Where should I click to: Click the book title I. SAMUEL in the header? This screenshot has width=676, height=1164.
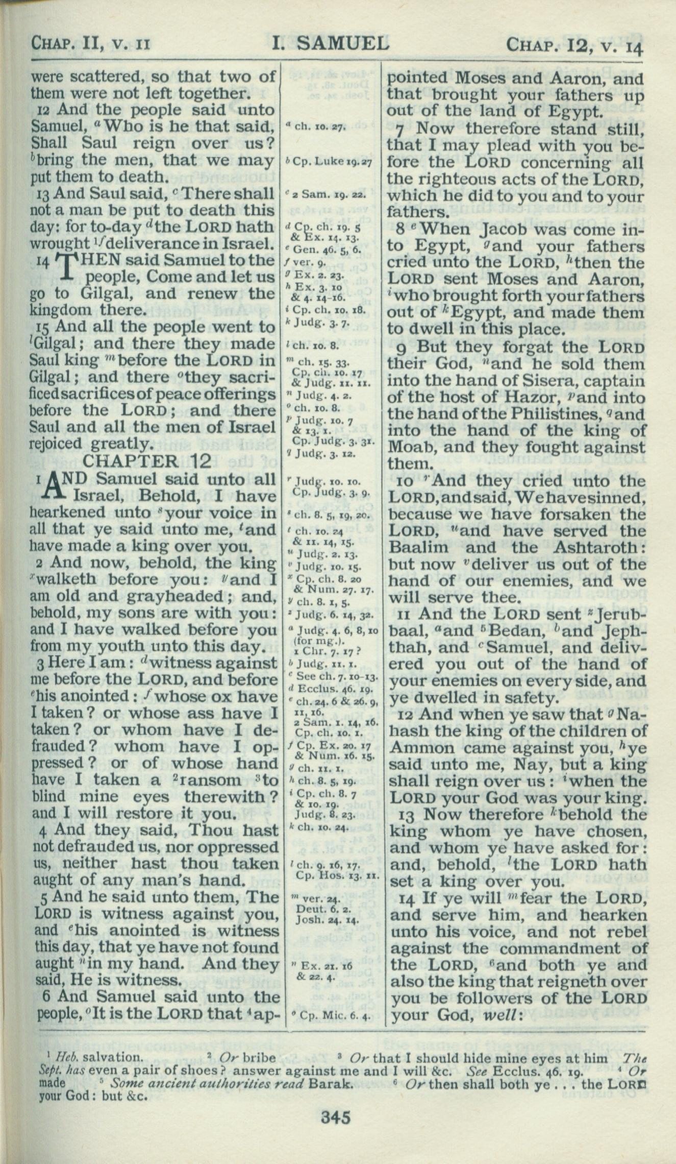[330, 44]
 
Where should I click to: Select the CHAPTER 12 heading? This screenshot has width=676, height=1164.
[146, 461]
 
